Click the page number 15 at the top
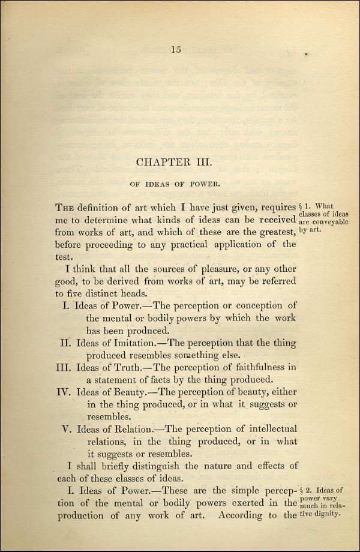[x=176, y=50]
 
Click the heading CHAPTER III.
[x=176, y=161]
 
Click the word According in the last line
[x=247, y=515]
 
